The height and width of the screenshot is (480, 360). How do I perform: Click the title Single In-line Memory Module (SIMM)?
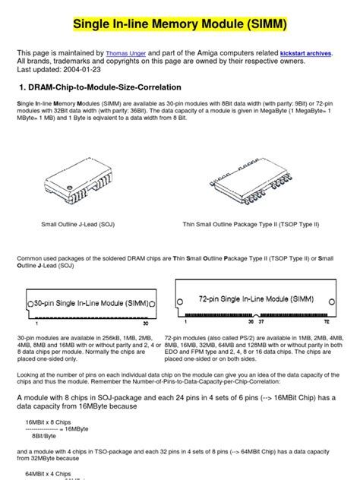pos(180,25)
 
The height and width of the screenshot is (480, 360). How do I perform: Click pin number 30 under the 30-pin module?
pos(144,324)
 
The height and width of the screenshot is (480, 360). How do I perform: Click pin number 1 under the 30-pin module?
pos(30,324)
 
